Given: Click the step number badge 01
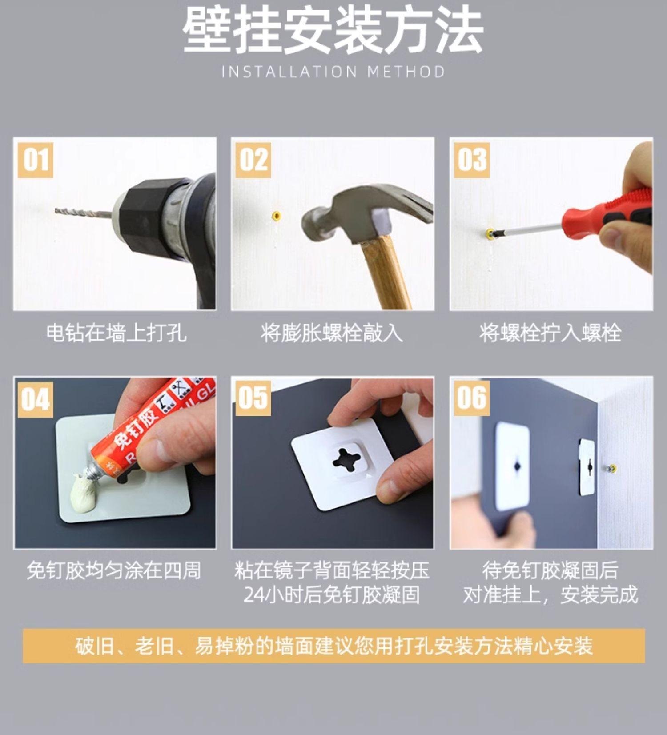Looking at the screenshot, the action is (x=36, y=160).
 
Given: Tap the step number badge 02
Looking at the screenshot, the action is (x=253, y=160).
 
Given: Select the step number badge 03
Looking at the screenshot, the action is (x=472, y=160).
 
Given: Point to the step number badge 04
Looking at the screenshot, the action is (x=36, y=399).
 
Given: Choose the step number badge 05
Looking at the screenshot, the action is (x=253, y=398).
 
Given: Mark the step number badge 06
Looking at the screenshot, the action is (x=472, y=398).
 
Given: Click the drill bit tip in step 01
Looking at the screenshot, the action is (x=56, y=210).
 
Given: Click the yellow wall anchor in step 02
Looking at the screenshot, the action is (x=276, y=216).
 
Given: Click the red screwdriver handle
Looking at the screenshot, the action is (x=607, y=213).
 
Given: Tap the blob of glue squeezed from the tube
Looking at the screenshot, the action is (x=85, y=491).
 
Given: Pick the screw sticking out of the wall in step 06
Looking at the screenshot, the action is (x=610, y=468).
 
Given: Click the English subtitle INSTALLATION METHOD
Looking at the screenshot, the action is (x=333, y=72).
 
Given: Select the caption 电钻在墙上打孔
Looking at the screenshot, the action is (x=116, y=333).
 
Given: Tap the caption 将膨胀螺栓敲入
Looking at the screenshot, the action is (x=331, y=333).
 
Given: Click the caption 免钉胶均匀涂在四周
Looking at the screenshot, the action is (x=113, y=570).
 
